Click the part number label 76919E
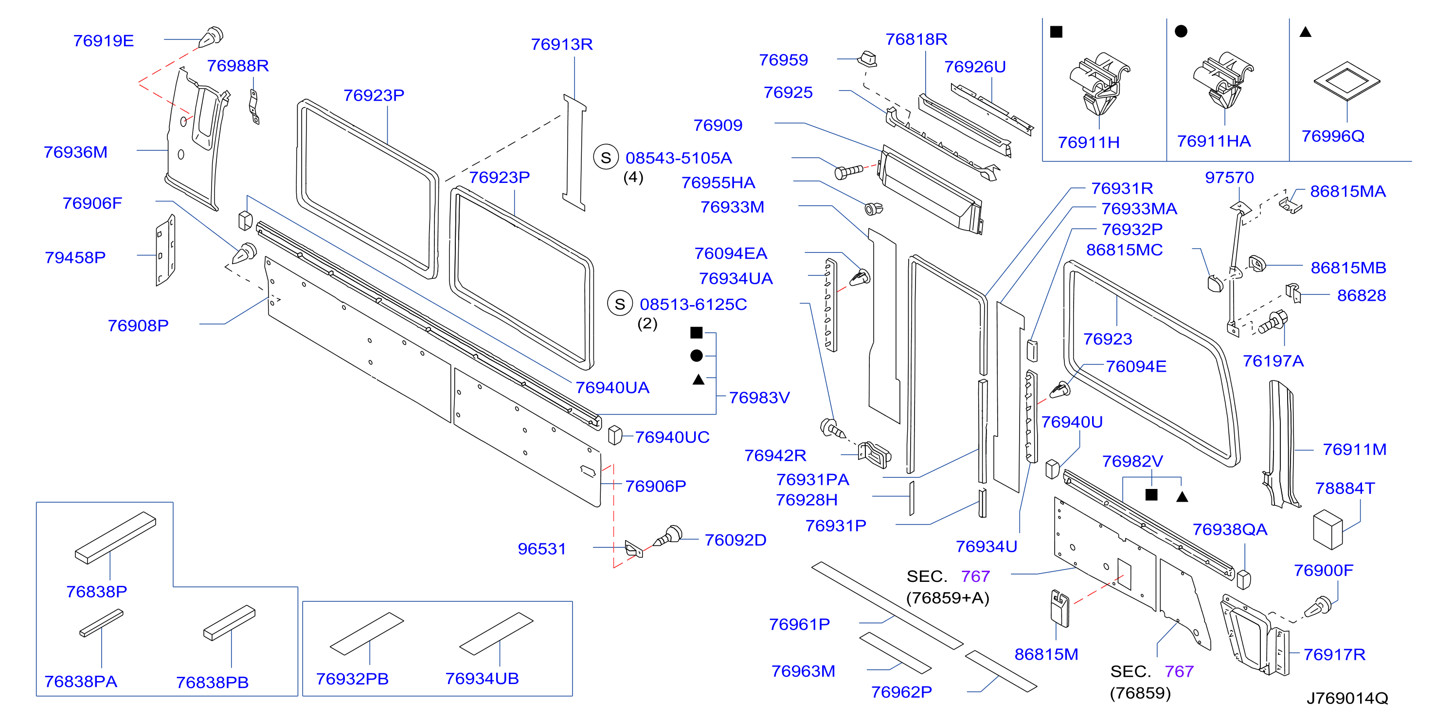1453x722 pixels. (103, 40)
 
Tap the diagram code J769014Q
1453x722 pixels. (1347, 698)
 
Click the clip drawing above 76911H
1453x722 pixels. (1098, 85)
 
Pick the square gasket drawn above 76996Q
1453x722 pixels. (1346, 81)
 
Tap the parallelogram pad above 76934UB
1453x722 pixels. (496, 634)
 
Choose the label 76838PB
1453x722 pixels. (212, 683)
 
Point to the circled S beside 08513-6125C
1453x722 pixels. (620, 304)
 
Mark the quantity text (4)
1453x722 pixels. (633, 177)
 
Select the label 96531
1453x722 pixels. (541, 549)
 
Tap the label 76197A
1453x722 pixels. (1273, 361)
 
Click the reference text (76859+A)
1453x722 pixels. (948, 598)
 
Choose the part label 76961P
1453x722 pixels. (799, 624)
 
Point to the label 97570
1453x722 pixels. (1229, 178)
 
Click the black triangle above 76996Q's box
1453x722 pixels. (1305, 32)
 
